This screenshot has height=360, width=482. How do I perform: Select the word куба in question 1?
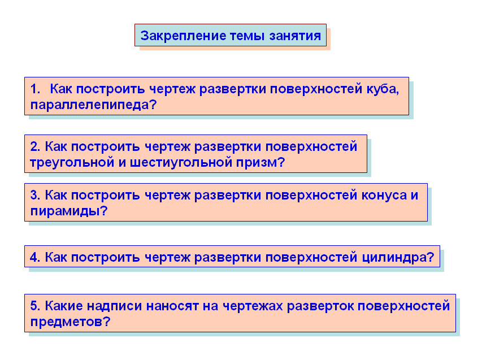click(383, 89)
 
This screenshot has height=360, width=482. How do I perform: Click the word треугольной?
click(70, 162)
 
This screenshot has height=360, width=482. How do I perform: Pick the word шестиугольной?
click(179, 162)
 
